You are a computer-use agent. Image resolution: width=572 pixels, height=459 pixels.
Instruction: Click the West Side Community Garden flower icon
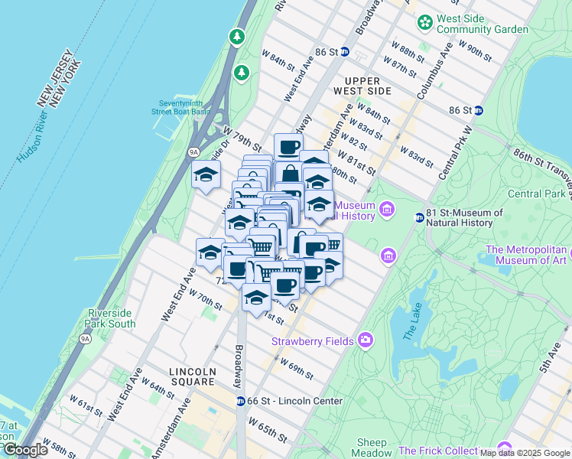click(424, 22)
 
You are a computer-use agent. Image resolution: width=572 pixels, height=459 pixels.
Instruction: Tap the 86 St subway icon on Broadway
click(345, 52)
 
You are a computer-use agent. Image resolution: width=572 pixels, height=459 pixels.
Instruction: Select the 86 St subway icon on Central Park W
click(478, 110)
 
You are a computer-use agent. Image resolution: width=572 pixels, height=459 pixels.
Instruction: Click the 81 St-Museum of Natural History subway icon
click(419, 217)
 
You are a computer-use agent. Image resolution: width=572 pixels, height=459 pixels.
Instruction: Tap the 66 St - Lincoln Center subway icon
click(240, 401)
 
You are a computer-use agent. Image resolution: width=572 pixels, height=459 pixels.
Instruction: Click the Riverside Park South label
click(110, 318)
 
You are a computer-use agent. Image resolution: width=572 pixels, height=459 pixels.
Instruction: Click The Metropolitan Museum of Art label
click(528, 256)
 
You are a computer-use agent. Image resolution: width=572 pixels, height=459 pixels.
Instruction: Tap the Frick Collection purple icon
click(504, 448)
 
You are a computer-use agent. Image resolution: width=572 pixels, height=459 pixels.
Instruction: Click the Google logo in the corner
click(25, 450)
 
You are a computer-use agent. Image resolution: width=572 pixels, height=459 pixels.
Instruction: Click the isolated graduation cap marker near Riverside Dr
click(206, 175)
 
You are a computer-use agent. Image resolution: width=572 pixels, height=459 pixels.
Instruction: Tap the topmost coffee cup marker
click(288, 147)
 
